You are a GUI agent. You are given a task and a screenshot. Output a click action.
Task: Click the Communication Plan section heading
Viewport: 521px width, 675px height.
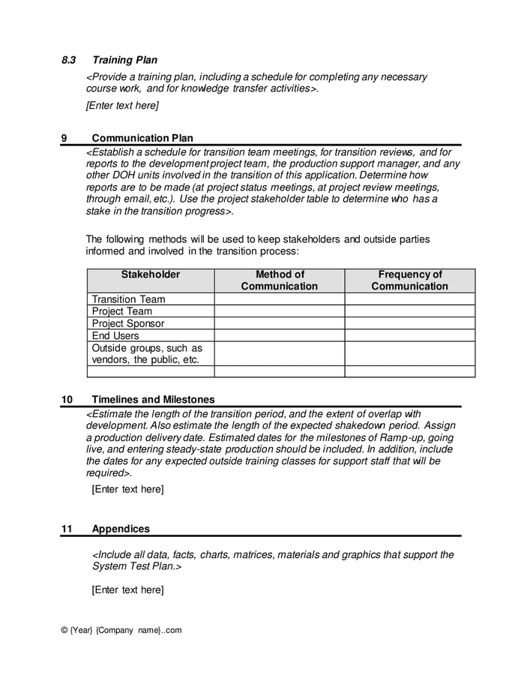(x=142, y=138)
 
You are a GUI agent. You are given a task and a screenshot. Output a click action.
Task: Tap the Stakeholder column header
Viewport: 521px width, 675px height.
(x=151, y=275)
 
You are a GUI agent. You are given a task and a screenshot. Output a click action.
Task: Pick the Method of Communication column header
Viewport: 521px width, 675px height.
(x=279, y=280)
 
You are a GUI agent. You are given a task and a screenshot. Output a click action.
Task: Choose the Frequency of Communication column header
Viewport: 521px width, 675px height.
(x=409, y=280)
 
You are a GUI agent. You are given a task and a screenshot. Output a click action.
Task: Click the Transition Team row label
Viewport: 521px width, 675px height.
(x=128, y=299)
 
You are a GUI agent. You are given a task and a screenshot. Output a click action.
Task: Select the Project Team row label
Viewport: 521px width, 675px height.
(x=121, y=311)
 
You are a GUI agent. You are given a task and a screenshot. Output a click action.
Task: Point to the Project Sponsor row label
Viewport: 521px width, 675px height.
(x=127, y=323)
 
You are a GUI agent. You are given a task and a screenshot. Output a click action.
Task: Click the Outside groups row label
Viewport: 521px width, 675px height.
(x=147, y=353)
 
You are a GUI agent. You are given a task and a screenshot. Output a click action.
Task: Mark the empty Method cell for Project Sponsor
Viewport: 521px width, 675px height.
(x=279, y=323)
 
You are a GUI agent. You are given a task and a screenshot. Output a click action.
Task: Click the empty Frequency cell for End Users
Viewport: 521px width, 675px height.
(x=409, y=336)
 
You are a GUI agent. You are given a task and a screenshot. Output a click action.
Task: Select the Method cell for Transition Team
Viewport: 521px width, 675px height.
(x=279, y=299)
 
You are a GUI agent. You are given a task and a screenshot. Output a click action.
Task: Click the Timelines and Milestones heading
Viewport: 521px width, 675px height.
(x=153, y=400)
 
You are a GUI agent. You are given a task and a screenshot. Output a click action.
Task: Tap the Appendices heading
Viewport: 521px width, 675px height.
(x=121, y=529)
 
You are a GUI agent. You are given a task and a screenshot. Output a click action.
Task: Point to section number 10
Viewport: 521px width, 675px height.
(x=67, y=400)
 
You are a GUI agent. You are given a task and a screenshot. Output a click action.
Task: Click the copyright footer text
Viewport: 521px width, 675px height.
(x=121, y=630)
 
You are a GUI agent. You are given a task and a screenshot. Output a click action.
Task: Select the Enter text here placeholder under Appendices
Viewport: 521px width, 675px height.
(x=127, y=590)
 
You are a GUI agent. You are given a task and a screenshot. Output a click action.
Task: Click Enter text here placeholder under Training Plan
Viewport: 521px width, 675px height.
(x=122, y=106)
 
